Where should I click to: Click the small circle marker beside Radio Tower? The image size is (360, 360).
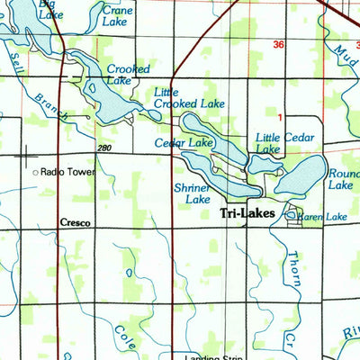[35, 171]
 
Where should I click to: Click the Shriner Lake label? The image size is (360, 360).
[192, 193]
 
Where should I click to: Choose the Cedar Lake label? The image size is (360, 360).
[184, 143]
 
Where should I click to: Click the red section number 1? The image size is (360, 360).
[280, 117]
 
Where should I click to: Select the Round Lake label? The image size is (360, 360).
[344, 179]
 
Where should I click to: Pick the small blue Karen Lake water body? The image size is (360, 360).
[292, 215]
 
